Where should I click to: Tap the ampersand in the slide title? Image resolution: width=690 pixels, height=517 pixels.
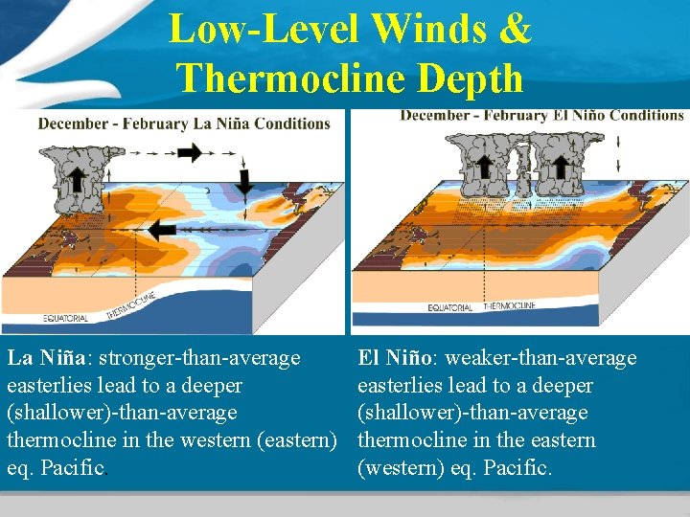coord(515,29)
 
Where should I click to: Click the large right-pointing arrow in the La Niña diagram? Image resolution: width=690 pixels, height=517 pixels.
coord(189,152)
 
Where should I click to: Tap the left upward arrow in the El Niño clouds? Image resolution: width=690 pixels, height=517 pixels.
coord(484,164)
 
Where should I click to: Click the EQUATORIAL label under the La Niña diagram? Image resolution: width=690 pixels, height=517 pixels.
coord(66,319)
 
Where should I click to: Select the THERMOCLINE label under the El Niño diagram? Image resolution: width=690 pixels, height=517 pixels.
coord(510,307)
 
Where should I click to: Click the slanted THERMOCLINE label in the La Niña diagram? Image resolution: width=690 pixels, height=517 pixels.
coord(129,304)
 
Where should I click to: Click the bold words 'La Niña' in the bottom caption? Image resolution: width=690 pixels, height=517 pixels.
coord(44,358)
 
